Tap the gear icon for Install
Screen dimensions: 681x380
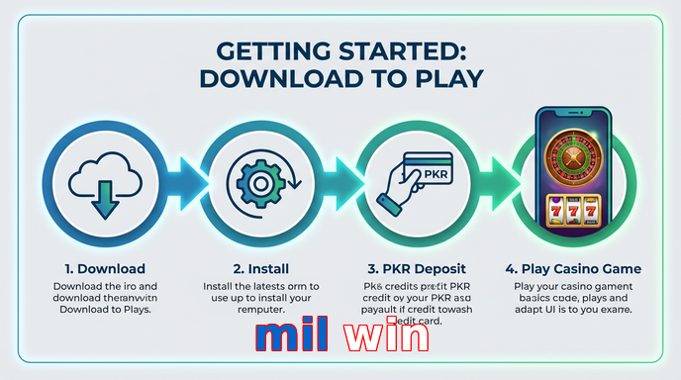tap(254, 183)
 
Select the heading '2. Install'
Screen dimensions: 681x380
tap(260, 268)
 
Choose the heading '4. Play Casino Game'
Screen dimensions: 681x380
tap(572, 268)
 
